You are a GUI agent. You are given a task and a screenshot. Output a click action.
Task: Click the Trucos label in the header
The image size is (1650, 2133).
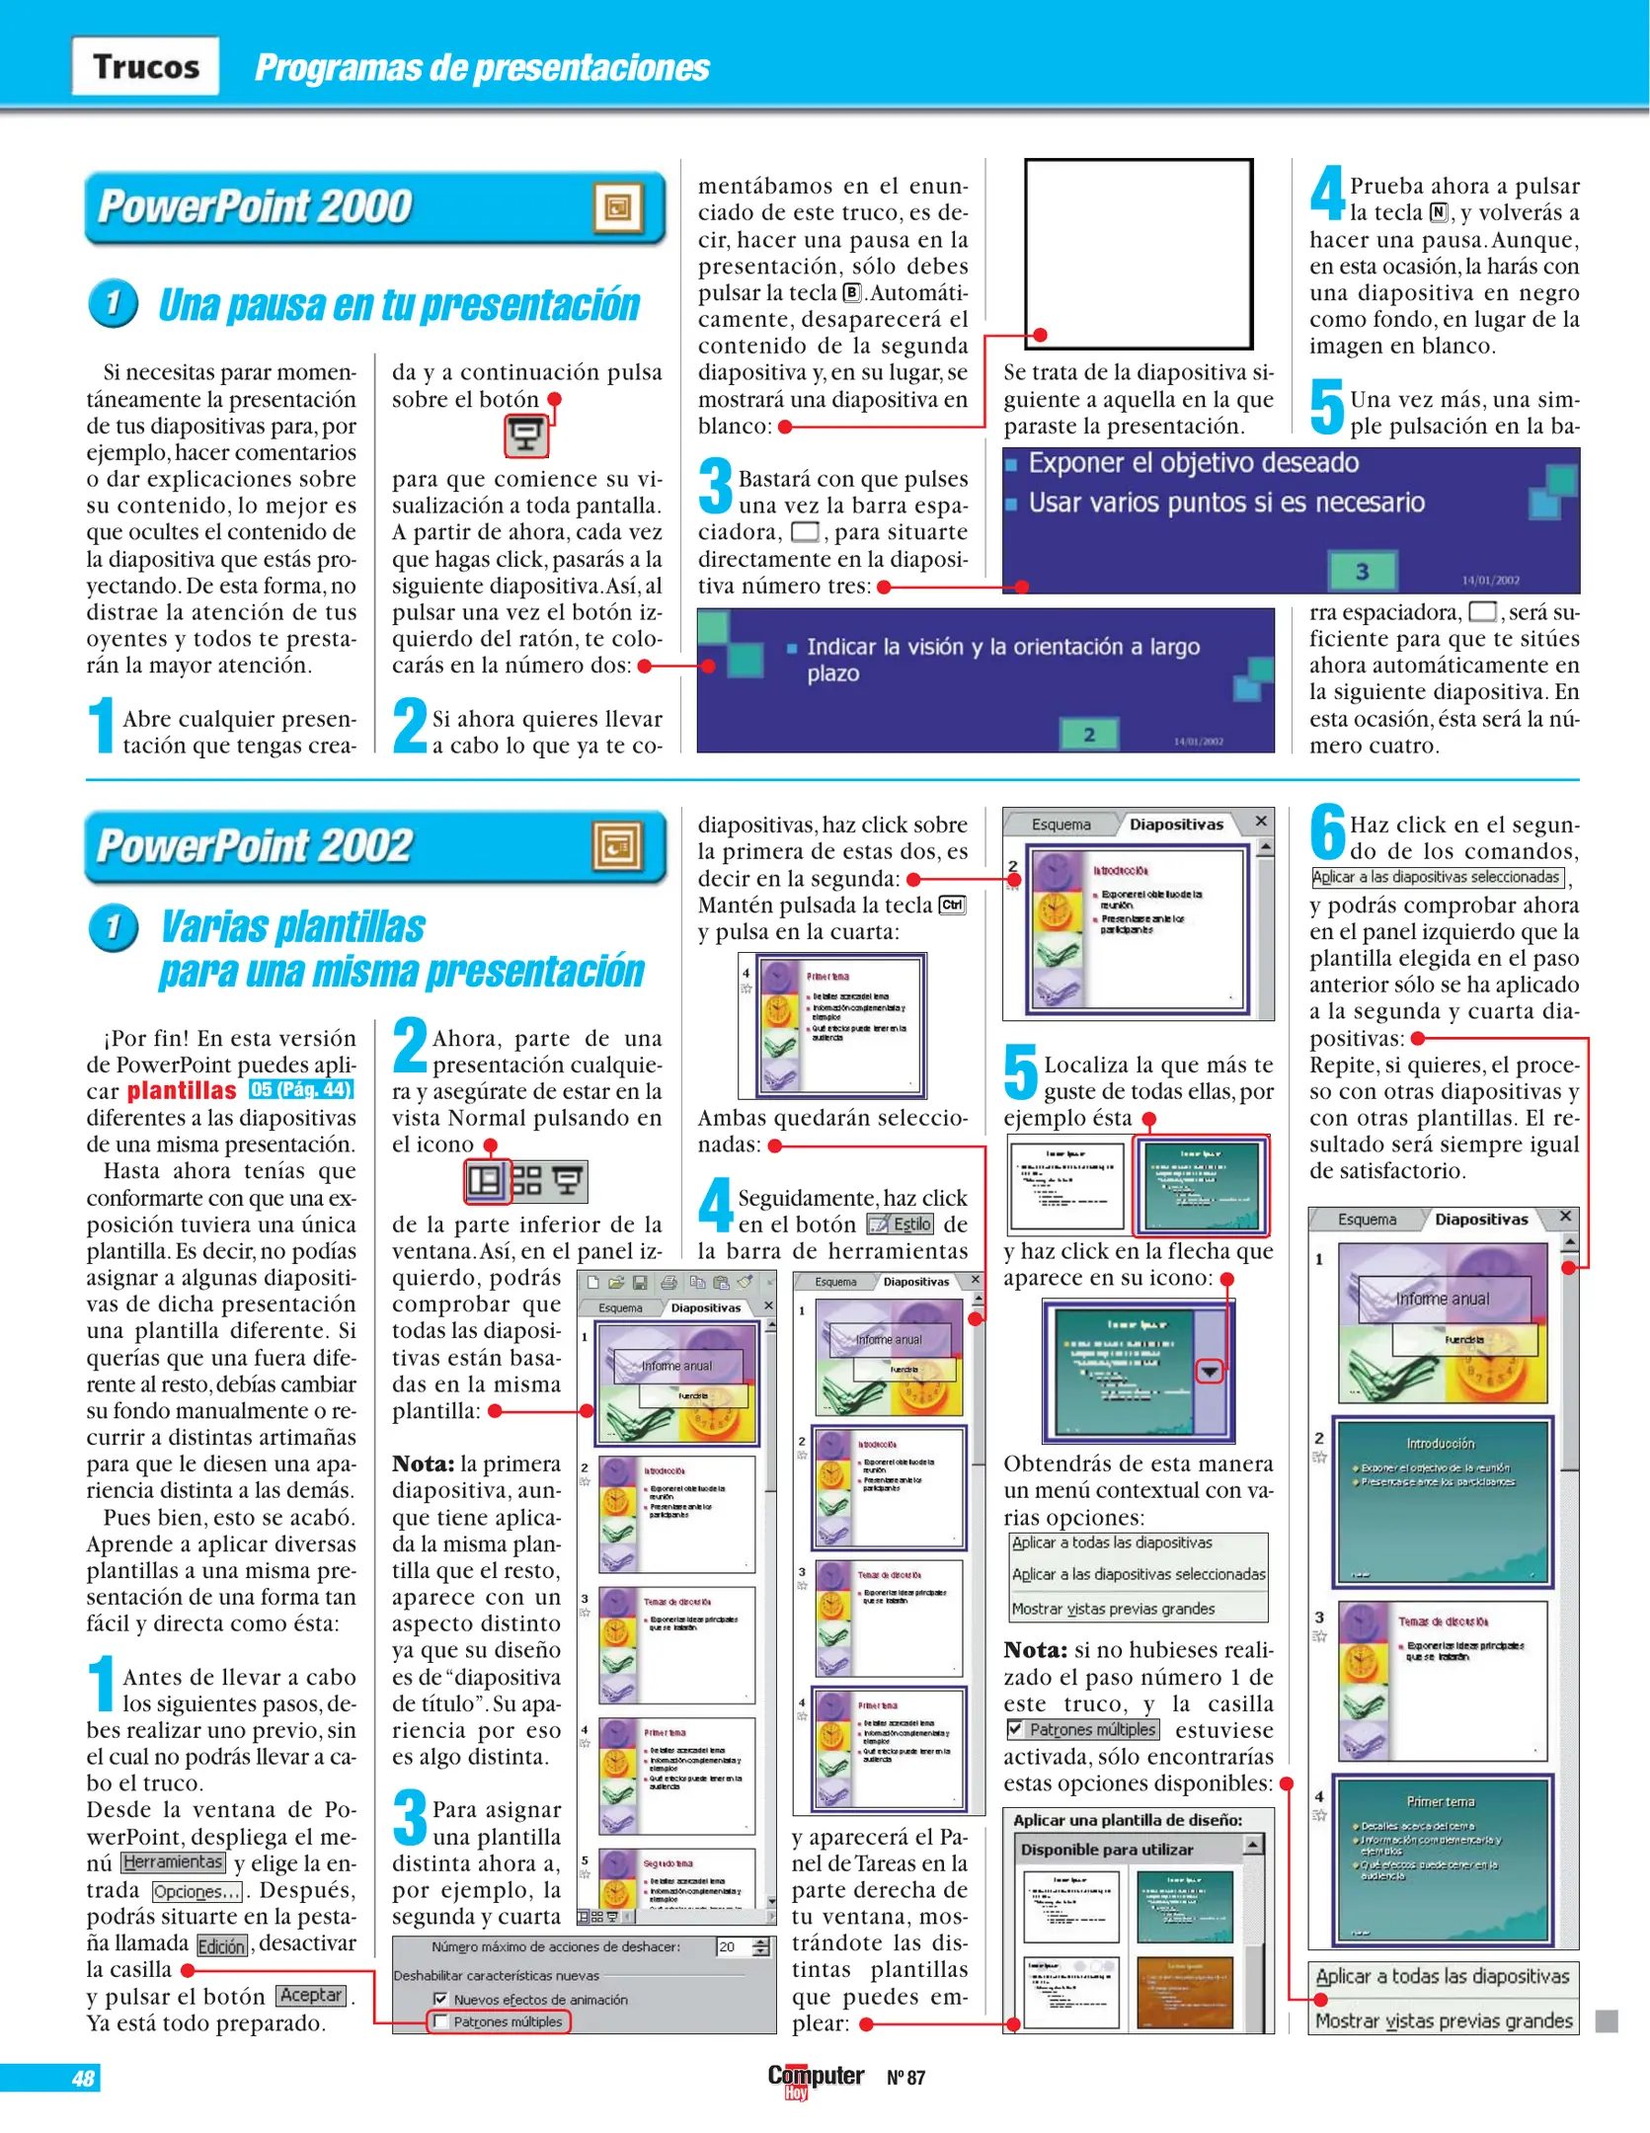[145, 66]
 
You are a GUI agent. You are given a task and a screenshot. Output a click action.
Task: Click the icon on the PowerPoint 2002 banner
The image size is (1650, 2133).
[617, 846]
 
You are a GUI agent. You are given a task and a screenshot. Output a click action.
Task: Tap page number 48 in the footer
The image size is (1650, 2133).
[83, 2078]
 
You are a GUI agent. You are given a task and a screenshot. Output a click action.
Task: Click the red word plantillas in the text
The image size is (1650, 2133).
[182, 1091]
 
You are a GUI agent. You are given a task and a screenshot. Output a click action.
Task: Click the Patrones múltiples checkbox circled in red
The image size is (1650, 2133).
[440, 2021]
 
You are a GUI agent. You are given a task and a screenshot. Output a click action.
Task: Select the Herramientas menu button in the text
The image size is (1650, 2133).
[173, 1862]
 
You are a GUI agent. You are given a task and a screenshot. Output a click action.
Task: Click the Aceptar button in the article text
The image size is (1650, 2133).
[311, 1995]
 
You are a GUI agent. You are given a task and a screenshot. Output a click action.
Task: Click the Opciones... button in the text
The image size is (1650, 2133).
[196, 1891]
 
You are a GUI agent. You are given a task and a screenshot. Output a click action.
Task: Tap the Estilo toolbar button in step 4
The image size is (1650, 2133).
[901, 1224]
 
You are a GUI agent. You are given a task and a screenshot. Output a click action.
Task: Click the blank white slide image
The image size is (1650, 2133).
[1139, 253]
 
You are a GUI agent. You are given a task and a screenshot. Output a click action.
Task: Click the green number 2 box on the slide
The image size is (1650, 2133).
[1089, 734]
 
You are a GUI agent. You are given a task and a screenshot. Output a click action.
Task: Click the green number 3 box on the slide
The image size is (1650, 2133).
[1362, 571]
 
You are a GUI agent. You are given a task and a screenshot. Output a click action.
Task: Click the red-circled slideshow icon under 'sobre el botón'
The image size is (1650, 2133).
[526, 434]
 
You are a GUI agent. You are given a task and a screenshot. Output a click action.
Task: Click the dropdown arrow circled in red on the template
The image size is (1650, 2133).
[1210, 1372]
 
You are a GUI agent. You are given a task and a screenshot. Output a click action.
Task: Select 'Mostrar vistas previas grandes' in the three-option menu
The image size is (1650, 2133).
[1113, 1609]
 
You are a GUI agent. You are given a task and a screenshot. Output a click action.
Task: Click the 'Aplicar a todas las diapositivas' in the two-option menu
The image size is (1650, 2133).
[1442, 1976]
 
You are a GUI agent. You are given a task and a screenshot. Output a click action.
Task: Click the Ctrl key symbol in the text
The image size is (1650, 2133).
[952, 905]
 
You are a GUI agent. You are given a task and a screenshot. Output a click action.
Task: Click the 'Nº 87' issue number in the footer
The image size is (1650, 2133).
[905, 2078]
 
